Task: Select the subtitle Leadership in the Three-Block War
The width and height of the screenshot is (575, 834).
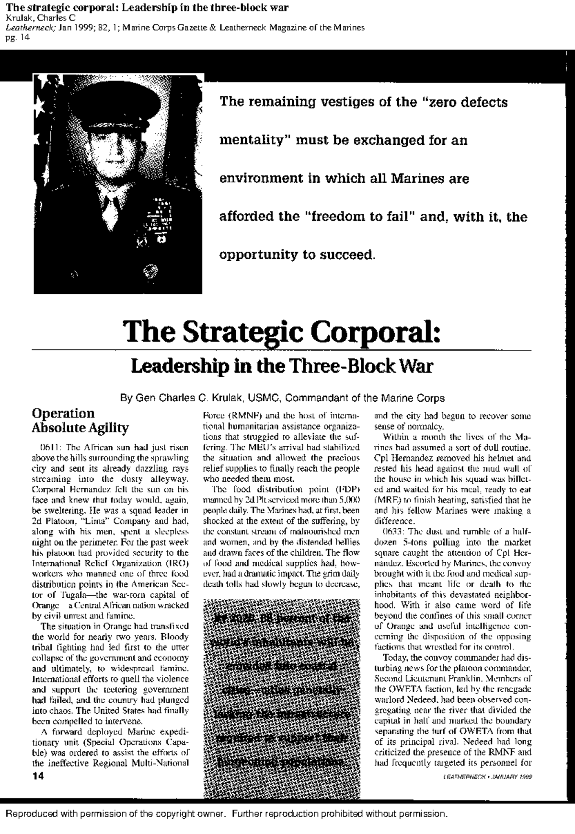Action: coord(282,367)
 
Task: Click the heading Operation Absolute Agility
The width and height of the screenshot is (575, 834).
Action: coord(80,420)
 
